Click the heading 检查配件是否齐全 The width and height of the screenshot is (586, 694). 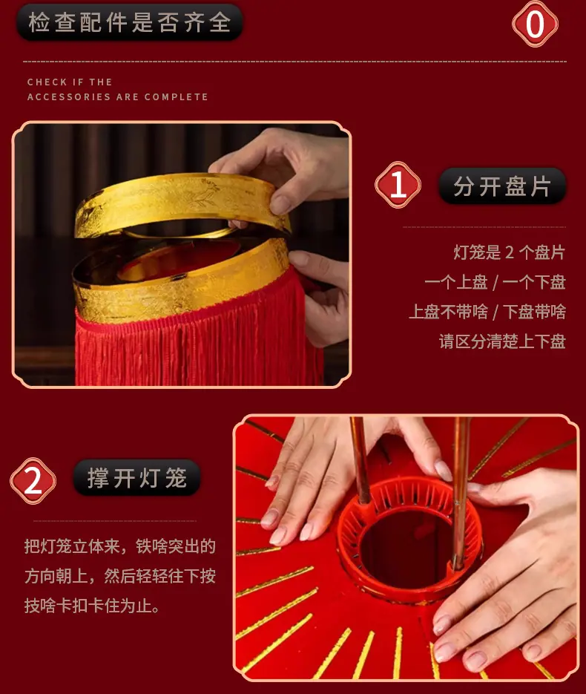point(130,22)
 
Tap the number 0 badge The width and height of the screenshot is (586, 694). point(535,24)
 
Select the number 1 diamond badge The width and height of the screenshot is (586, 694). point(398,185)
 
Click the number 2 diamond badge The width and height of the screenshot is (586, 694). point(33,481)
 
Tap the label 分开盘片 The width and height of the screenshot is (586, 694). point(502,186)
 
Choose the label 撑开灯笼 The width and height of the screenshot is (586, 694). point(137,477)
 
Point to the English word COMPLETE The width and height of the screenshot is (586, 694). point(176,97)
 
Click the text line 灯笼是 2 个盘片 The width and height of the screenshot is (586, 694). point(509,252)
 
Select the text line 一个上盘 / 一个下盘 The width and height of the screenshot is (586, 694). point(495,282)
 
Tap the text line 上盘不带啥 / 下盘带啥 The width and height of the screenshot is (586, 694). point(487,312)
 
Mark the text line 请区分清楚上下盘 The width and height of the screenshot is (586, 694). point(502,341)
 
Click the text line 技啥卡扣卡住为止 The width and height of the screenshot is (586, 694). point(92,606)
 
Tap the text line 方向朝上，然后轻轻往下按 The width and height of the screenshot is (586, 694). point(120,576)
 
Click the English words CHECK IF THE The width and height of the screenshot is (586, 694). point(70,82)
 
